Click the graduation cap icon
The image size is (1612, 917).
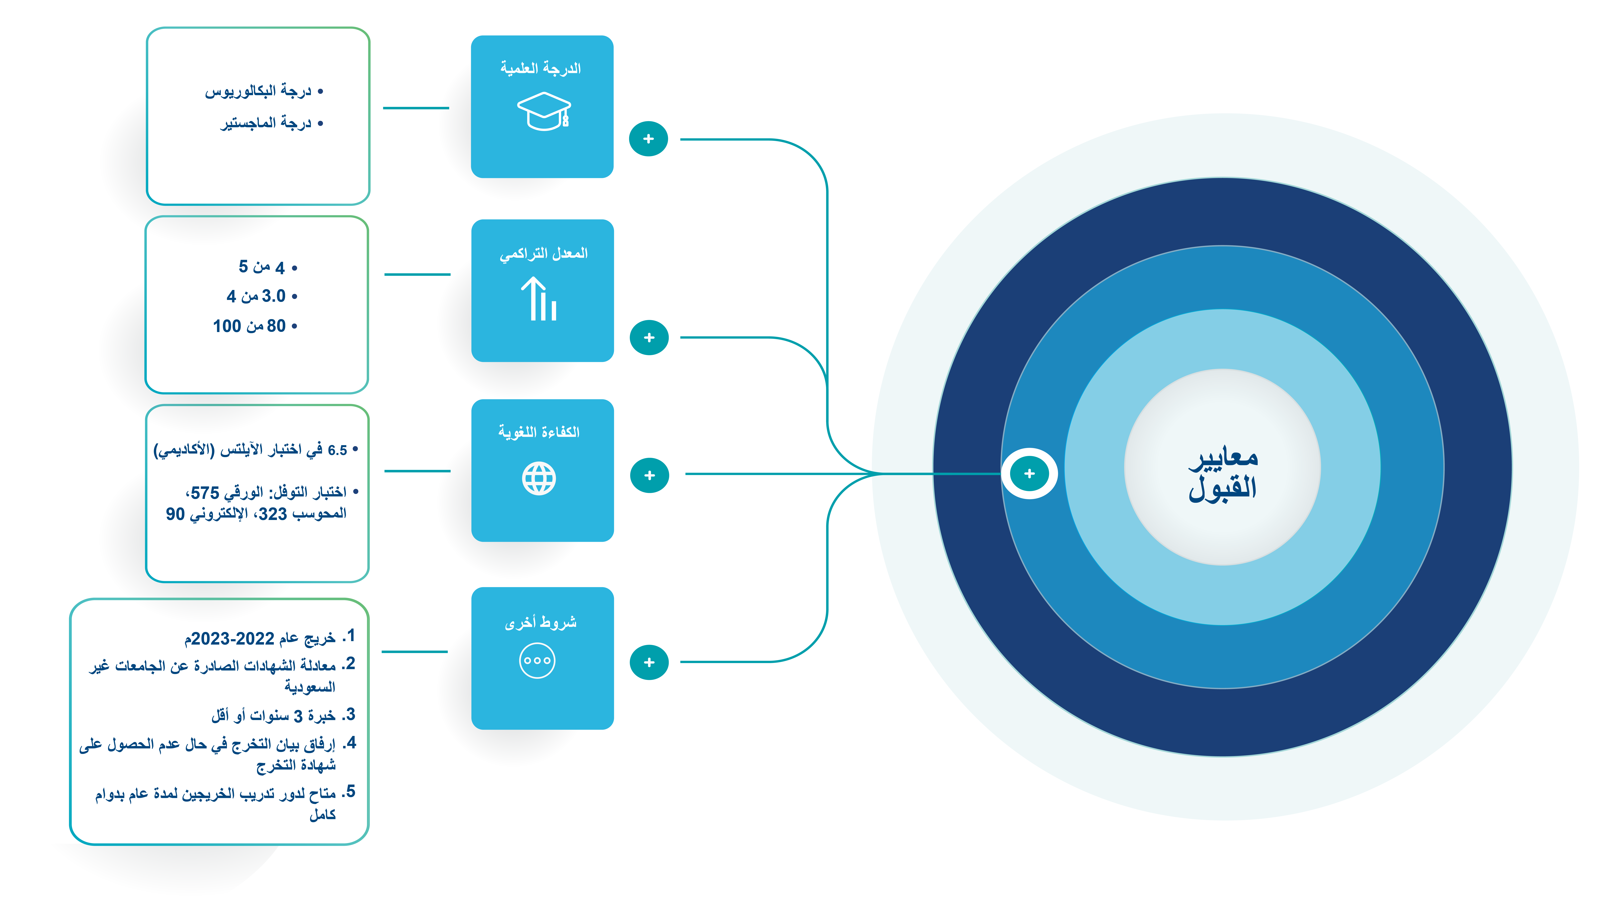[x=544, y=111]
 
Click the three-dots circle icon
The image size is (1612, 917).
[x=537, y=661]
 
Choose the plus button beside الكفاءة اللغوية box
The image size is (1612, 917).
[x=649, y=475]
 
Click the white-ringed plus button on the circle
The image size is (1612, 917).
[x=1030, y=474]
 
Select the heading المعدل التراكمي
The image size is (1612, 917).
[x=543, y=253]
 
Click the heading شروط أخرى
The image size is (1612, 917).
[x=540, y=622]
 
